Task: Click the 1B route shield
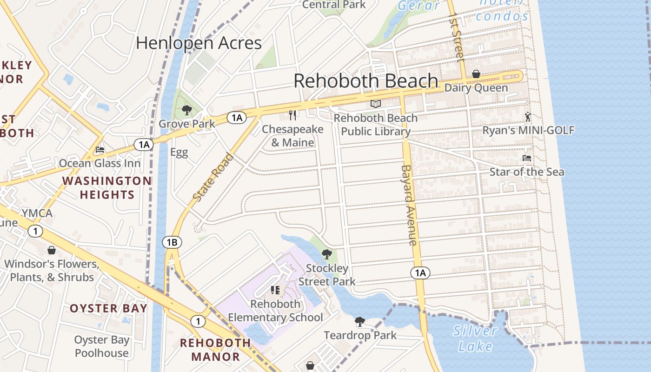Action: [x=172, y=242]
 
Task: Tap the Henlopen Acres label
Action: [x=199, y=43]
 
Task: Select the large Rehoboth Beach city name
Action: [x=366, y=81]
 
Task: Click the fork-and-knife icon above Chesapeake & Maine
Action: [x=292, y=115]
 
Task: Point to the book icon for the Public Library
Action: [x=376, y=104]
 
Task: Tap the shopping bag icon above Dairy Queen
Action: [x=476, y=74]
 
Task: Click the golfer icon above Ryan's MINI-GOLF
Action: [x=528, y=116]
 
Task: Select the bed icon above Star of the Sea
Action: [x=527, y=158]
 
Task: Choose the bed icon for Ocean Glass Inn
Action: [x=100, y=150]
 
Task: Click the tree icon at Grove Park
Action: [x=187, y=110]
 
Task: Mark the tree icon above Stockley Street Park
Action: [x=327, y=254]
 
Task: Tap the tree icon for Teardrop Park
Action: [x=359, y=321]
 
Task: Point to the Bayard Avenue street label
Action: [x=408, y=205]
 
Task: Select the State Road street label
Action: [x=213, y=177]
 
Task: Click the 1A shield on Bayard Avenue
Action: [x=420, y=273]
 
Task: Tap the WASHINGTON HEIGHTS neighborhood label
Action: [x=107, y=188]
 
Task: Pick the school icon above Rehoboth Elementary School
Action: [x=275, y=290]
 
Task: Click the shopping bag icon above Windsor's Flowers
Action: [x=52, y=251]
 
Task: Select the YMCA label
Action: [x=37, y=213]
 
